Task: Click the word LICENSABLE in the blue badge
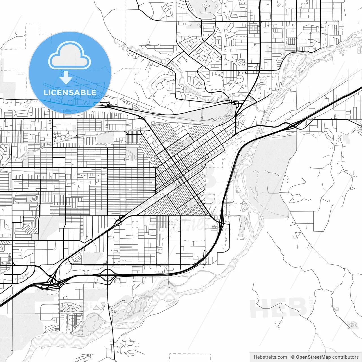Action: click(70, 92)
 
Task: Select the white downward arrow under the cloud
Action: click(66, 78)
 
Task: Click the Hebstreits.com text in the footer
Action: click(270, 357)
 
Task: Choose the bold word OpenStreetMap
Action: click(313, 357)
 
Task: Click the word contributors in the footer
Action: click(345, 357)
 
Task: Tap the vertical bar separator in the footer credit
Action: click(289, 357)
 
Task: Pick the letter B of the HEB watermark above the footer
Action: click(297, 308)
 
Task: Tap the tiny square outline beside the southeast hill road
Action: click(337, 309)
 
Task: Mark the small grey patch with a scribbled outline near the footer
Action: click(353, 324)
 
